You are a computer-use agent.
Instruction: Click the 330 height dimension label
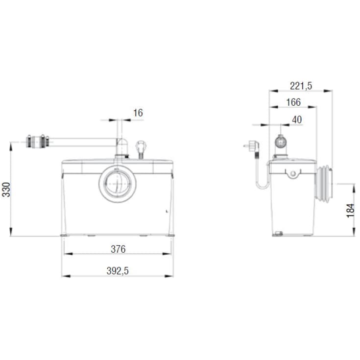click(6, 190)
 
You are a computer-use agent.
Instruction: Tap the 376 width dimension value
click(118, 249)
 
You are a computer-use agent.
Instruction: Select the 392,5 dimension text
click(118, 271)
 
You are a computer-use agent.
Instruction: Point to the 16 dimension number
click(138, 113)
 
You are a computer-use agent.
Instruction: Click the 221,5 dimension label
click(301, 86)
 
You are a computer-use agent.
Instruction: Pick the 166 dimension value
click(293, 102)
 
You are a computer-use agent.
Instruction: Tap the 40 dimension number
click(297, 120)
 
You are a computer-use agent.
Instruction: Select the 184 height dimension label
click(351, 211)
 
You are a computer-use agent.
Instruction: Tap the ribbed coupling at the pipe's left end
click(38, 142)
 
